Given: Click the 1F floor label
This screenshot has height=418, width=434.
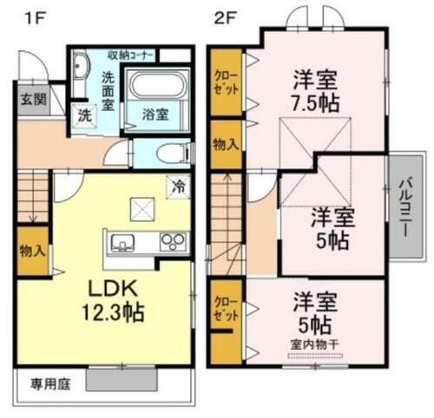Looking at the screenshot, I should point(29,16).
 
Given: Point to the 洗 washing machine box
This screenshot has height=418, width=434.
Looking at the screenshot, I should point(84,114).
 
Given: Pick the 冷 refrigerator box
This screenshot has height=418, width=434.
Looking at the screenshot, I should point(179,185).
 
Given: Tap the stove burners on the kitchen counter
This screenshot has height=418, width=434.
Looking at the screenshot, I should point(170,241).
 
